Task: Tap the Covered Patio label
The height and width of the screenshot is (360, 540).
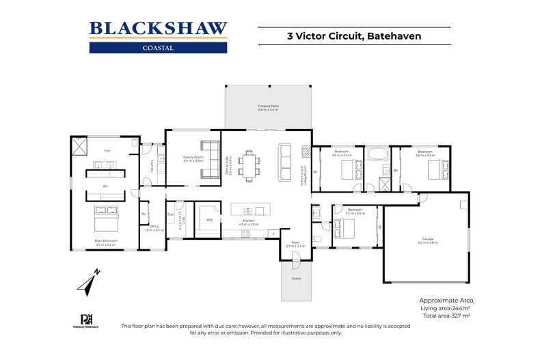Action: [x=268, y=108]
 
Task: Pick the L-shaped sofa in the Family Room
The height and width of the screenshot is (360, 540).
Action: [x=209, y=153]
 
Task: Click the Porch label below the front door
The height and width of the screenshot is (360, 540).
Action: [x=296, y=278]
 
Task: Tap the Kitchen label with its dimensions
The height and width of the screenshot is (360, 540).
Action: [x=249, y=223]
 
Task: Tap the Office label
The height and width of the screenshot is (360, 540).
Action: [x=154, y=229]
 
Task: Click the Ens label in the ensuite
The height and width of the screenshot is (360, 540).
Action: [x=107, y=150]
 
